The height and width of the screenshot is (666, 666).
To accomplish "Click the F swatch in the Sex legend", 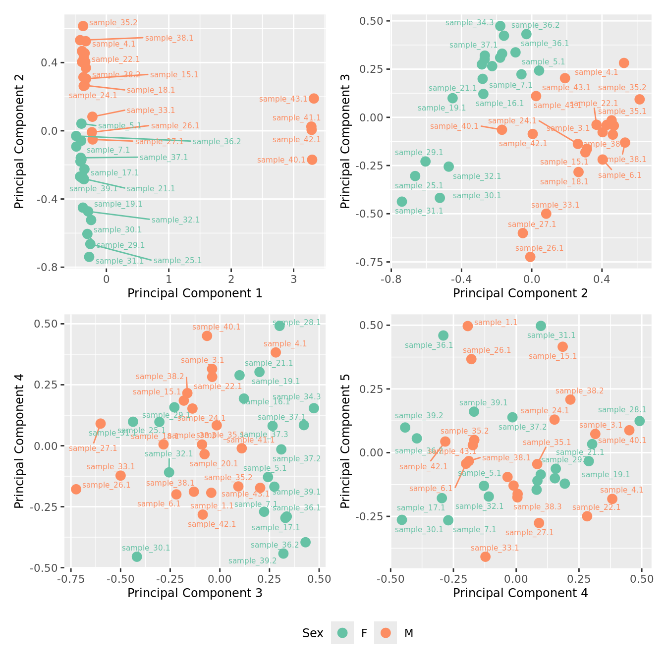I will tap(342, 633).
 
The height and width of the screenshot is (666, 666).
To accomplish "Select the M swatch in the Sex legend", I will tap(386, 633).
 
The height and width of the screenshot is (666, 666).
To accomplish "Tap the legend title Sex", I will tap(313, 633).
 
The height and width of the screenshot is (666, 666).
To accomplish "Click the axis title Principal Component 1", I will tap(195, 293).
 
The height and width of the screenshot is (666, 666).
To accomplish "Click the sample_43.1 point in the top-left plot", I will tap(314, 99).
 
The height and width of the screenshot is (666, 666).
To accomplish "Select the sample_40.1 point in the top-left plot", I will tap(312, 160).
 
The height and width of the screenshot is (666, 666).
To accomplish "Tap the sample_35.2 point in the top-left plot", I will tap(83, 26).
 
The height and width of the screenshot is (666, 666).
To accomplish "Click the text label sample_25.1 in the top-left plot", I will tap(177, 261).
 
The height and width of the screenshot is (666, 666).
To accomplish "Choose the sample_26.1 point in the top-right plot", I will tap(530, 257).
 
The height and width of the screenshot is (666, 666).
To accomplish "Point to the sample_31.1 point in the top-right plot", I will tap(402, 202).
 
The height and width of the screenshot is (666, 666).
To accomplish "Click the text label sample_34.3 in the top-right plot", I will tap(470, 23).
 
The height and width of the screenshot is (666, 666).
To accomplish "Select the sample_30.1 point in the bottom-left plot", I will tap(137, 556).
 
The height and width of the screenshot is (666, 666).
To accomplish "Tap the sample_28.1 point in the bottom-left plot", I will tap(279, 326).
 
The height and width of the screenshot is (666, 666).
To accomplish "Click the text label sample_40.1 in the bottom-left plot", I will tap(216, 327).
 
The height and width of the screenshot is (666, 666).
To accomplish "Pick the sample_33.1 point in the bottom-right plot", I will tap(486, 556).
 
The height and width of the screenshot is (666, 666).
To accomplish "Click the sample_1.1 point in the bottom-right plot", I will tap(468, 326).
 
